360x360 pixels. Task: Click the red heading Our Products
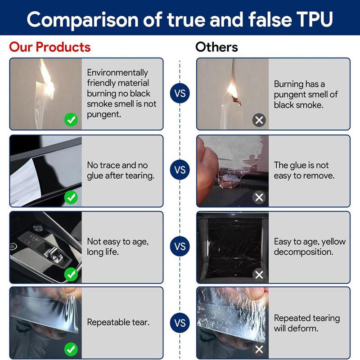[x=50, y=47]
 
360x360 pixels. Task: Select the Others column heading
[x=216, y=47]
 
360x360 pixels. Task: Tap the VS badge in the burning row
[x=180, y=94]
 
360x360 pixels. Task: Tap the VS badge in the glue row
[x=180, y=170]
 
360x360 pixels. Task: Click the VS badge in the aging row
[x=180, y=247]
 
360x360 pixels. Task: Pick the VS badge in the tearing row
[x=180, y=323]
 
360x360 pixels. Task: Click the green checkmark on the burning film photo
[x=71, y=120]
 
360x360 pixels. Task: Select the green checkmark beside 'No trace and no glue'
[x=71, y=197]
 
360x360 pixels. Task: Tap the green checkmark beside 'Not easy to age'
[x=71, y=274]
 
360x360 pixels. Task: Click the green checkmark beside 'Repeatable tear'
[x=71, y=349]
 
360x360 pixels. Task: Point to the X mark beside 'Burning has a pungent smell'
[x=259, y=120]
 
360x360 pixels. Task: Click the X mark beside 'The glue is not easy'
[x=259, y=197]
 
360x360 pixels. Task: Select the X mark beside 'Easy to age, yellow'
[x=259, y=274]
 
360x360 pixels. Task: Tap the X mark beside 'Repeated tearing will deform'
[x=259, y=349]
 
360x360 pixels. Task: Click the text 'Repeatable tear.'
[x=118, y=322]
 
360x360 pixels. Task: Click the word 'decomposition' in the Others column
[x=304, y=252]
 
